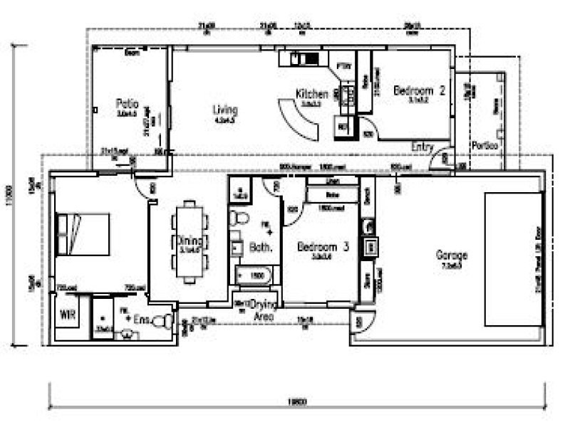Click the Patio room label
[x=127, y=103]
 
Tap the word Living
[x=225, y=110]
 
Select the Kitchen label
[x=312, y=94]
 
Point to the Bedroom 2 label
[x=420, y=90]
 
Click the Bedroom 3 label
[x=323, y=247]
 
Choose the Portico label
[x=484, y=145]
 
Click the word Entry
[x=423, y=147]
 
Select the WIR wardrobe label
[x=68, y=314]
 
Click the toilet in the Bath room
[x=239, y=217]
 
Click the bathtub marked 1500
[x=254, y=274]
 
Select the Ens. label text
[x=142, y=321]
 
